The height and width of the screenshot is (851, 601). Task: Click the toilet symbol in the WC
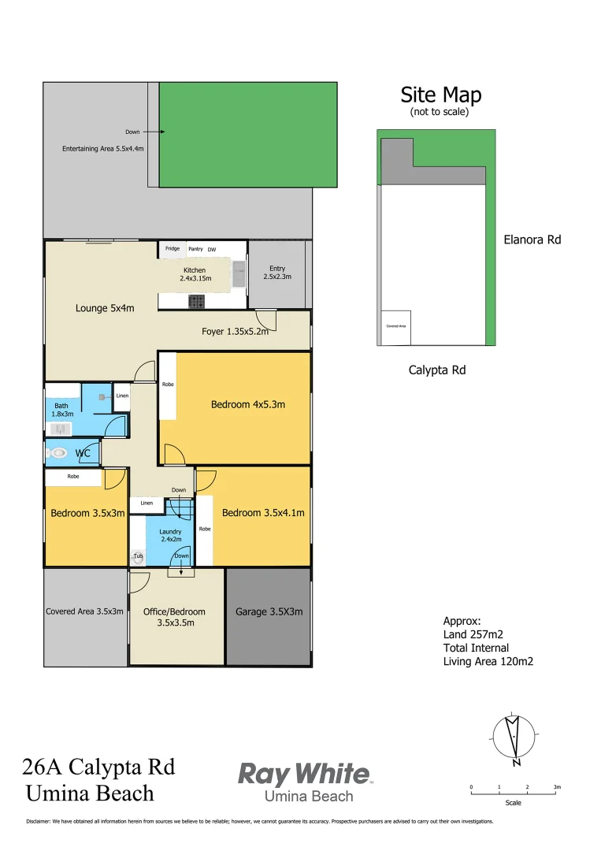point(56,453)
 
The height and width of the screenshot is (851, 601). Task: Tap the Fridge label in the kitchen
point(172,249)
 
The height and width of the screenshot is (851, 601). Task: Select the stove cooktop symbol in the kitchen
point(196,302)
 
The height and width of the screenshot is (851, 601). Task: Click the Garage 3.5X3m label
point(269,611)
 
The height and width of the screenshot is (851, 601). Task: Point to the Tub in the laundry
point(139,556)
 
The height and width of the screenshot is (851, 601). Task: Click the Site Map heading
point(440,95)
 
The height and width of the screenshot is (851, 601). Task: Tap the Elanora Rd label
point(532,240)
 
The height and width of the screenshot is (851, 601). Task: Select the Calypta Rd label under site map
point(436,370)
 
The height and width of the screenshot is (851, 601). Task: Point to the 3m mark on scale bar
point(557,787)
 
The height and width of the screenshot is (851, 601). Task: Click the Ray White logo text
point(304,774)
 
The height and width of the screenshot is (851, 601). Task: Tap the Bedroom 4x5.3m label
point(247,404)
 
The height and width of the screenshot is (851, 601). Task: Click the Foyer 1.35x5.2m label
point(235,332)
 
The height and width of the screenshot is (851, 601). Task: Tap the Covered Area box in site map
point(395,327)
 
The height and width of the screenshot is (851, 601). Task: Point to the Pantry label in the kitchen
point(195,249)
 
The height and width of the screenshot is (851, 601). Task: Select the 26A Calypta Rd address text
point(98,766)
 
